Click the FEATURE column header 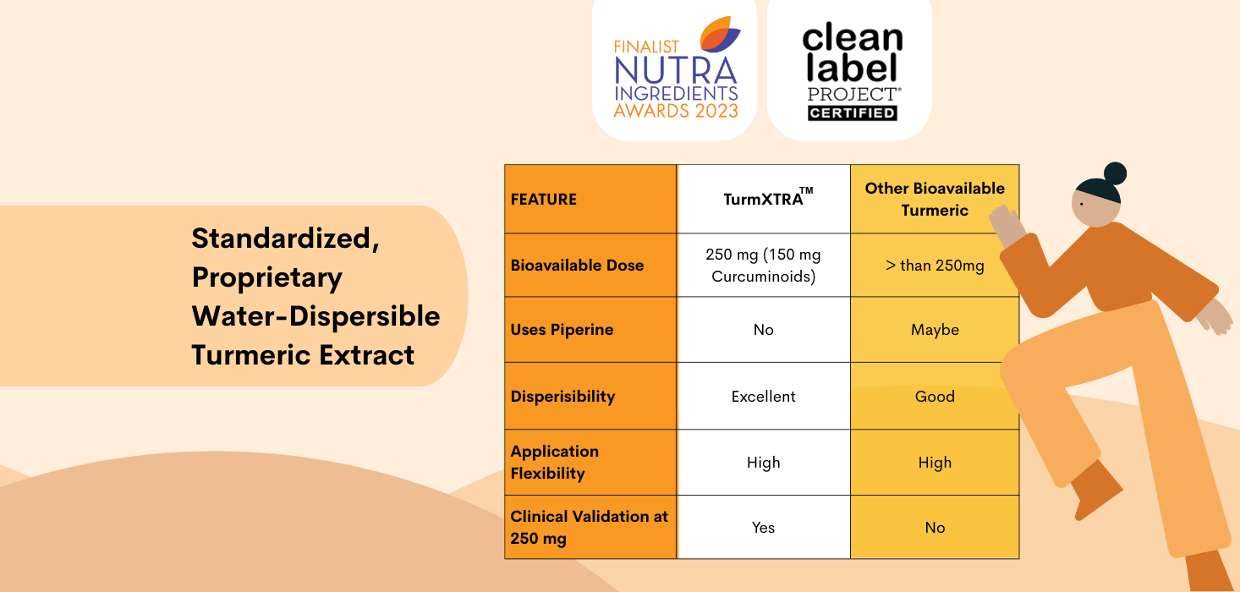[543, 200]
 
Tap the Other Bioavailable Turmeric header [935, 200]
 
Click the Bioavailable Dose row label [577, 266]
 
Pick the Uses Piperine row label [562, 330]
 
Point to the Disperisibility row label [562, 397]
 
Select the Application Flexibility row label [554, 462]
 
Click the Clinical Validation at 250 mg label [589, 527]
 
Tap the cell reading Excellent [764, 396]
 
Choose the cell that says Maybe [935, 330]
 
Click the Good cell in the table [935, 396]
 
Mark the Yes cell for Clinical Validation [764, 527]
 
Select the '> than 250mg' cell [935, 266]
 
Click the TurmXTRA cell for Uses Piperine [764, 330]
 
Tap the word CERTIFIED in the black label [852, 112]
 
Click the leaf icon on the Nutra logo [720, 35]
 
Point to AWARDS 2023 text [676, 111]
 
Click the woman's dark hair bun [1115, 173]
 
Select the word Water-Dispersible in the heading [315, 316]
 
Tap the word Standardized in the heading [283, 238]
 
